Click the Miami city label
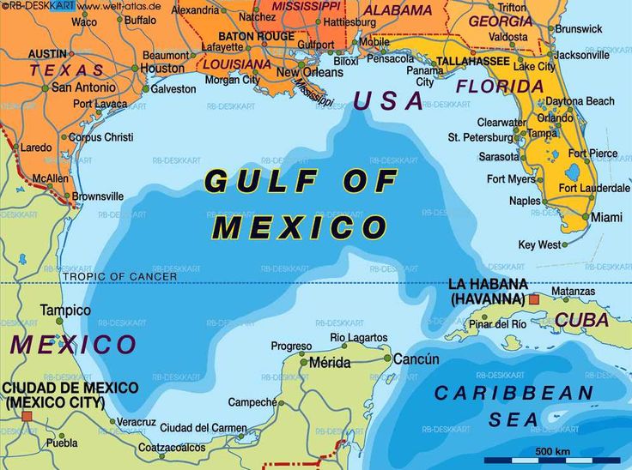point(607,218)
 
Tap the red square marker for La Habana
point(534,299)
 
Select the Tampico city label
point(65,310)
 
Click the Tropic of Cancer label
point(119,276)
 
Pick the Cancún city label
point(416,359)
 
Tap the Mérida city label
point(330,363)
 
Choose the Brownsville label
point(97,196)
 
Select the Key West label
point(539,244)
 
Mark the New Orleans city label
point(310,73)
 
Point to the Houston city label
point(161,69)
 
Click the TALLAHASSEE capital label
point(473,62)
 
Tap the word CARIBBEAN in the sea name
point(513,394)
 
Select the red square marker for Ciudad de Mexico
point(27,416)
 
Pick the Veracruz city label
point(137,422)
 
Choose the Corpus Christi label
point(100,137)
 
